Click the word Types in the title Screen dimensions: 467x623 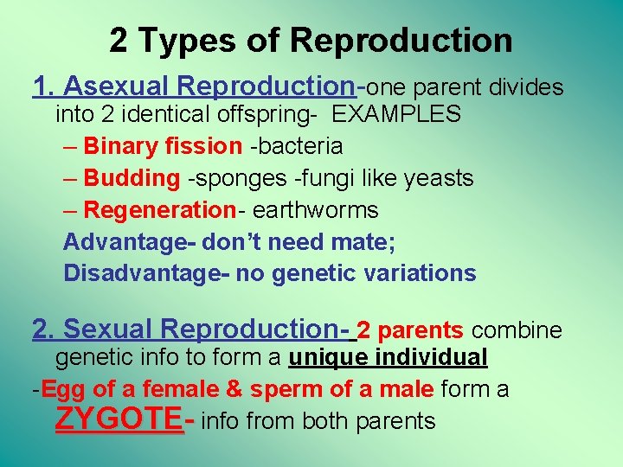coord(182,40)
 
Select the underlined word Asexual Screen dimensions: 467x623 coord(116,86)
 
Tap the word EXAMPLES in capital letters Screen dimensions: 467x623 coord(396,114)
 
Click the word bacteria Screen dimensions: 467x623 coord(299,146)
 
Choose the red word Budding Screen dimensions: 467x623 coord(132,178)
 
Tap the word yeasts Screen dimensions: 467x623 coord(439,178)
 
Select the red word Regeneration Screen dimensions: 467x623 coord(160,210)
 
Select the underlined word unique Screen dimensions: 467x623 coord(329,357)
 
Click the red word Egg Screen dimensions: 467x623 coord(59,389)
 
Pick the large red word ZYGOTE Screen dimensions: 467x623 coord(119,419)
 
